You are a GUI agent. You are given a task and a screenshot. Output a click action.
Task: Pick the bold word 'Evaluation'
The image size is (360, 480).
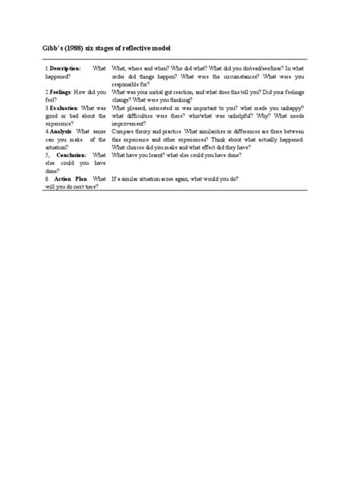click(x=67, y=108)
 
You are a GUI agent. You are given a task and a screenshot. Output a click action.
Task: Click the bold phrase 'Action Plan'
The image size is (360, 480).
click(x=73, y=178)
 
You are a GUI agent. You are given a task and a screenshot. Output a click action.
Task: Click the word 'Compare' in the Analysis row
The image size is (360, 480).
click(x=123, y=131)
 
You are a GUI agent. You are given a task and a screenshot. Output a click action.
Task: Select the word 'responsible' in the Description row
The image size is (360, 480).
click(x=126, y=84)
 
